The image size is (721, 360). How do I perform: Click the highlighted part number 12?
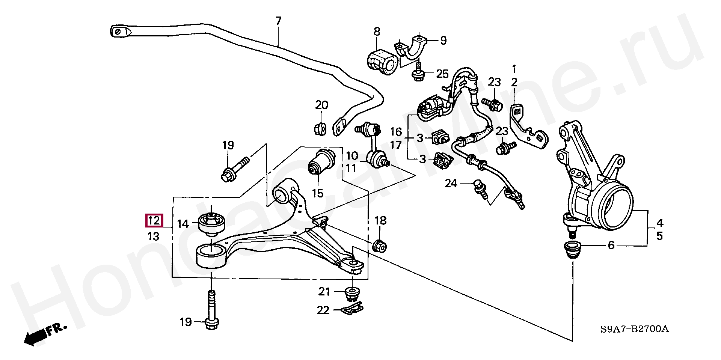(154, 221)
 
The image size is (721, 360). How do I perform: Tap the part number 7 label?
(278, 21)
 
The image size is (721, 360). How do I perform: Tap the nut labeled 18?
(379, 246)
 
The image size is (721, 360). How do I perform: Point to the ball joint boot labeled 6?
(573, 250)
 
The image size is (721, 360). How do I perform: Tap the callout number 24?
(451, 183)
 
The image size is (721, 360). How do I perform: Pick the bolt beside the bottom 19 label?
(211, 312)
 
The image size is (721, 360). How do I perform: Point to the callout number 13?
(154, 236)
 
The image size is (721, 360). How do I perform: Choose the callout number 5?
(659, 236)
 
